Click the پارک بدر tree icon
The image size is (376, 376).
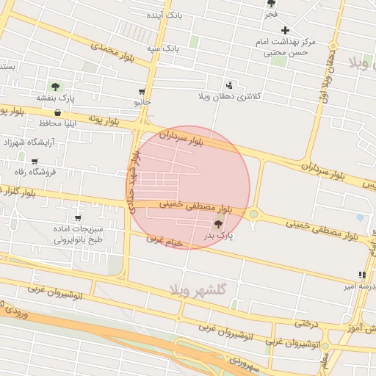[217, 224]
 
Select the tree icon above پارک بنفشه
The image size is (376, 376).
[55, 86]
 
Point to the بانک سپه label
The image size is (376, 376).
[162, 48]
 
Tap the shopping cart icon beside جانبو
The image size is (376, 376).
[141, 93]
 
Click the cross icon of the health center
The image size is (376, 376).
[286, 30]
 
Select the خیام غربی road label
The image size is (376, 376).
[163, 239]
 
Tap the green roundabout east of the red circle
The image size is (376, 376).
[254, 214]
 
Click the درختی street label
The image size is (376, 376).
[308, 322]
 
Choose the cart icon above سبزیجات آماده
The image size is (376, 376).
[78, 218]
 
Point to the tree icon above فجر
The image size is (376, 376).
[271, 4]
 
